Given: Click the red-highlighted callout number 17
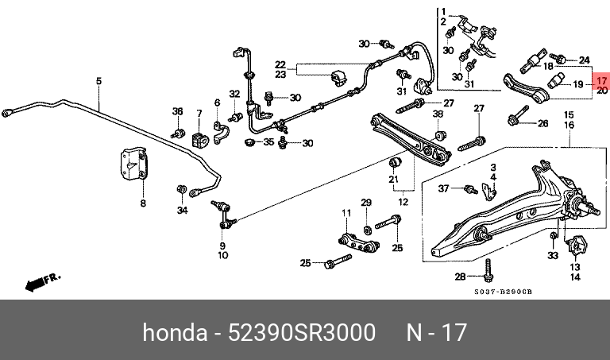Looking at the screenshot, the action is pos(601,81).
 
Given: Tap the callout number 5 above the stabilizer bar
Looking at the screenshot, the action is pos(98,81).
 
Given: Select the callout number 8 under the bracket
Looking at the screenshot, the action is pos(143,203).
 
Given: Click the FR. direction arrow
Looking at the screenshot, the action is pos(43,283).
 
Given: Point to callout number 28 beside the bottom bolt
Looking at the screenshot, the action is pos(460,277).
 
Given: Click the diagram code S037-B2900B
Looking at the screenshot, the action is pos(503,292).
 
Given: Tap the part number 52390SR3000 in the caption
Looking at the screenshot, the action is pos(302,333).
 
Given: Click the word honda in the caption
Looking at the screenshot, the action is pos(175,333).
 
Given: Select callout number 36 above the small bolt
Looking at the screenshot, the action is pos(177,111).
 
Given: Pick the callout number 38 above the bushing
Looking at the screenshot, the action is pos(438,114).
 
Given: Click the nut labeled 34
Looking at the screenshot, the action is pos(181,189).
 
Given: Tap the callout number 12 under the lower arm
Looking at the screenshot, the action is pos(403,202).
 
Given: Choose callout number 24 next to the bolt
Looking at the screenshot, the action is pos(585,60).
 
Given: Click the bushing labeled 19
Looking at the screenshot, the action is pos(554,81).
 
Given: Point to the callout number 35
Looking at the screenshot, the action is pos(268,142).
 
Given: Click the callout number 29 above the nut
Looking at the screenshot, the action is pos(366,203).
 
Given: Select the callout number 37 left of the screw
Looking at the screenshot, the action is pos(443,188).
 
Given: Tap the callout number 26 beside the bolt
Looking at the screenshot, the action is pos(543,124).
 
